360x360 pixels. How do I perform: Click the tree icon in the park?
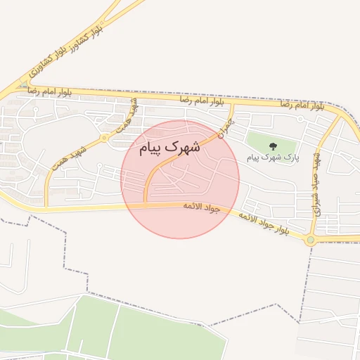click(x=273, y=146)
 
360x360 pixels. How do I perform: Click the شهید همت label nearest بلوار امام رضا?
click(x=132, y=112)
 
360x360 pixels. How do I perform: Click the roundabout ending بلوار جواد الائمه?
click(x=310, y=240)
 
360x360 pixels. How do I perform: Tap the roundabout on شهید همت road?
click(x=104, y=137)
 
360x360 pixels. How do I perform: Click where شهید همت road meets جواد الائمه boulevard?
click(x=46, y=208)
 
